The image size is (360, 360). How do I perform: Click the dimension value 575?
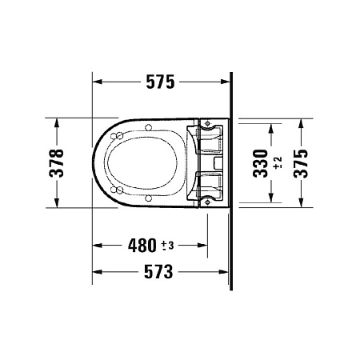click(x=159, y=81)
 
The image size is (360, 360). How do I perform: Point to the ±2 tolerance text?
click(x=277, y=162)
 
